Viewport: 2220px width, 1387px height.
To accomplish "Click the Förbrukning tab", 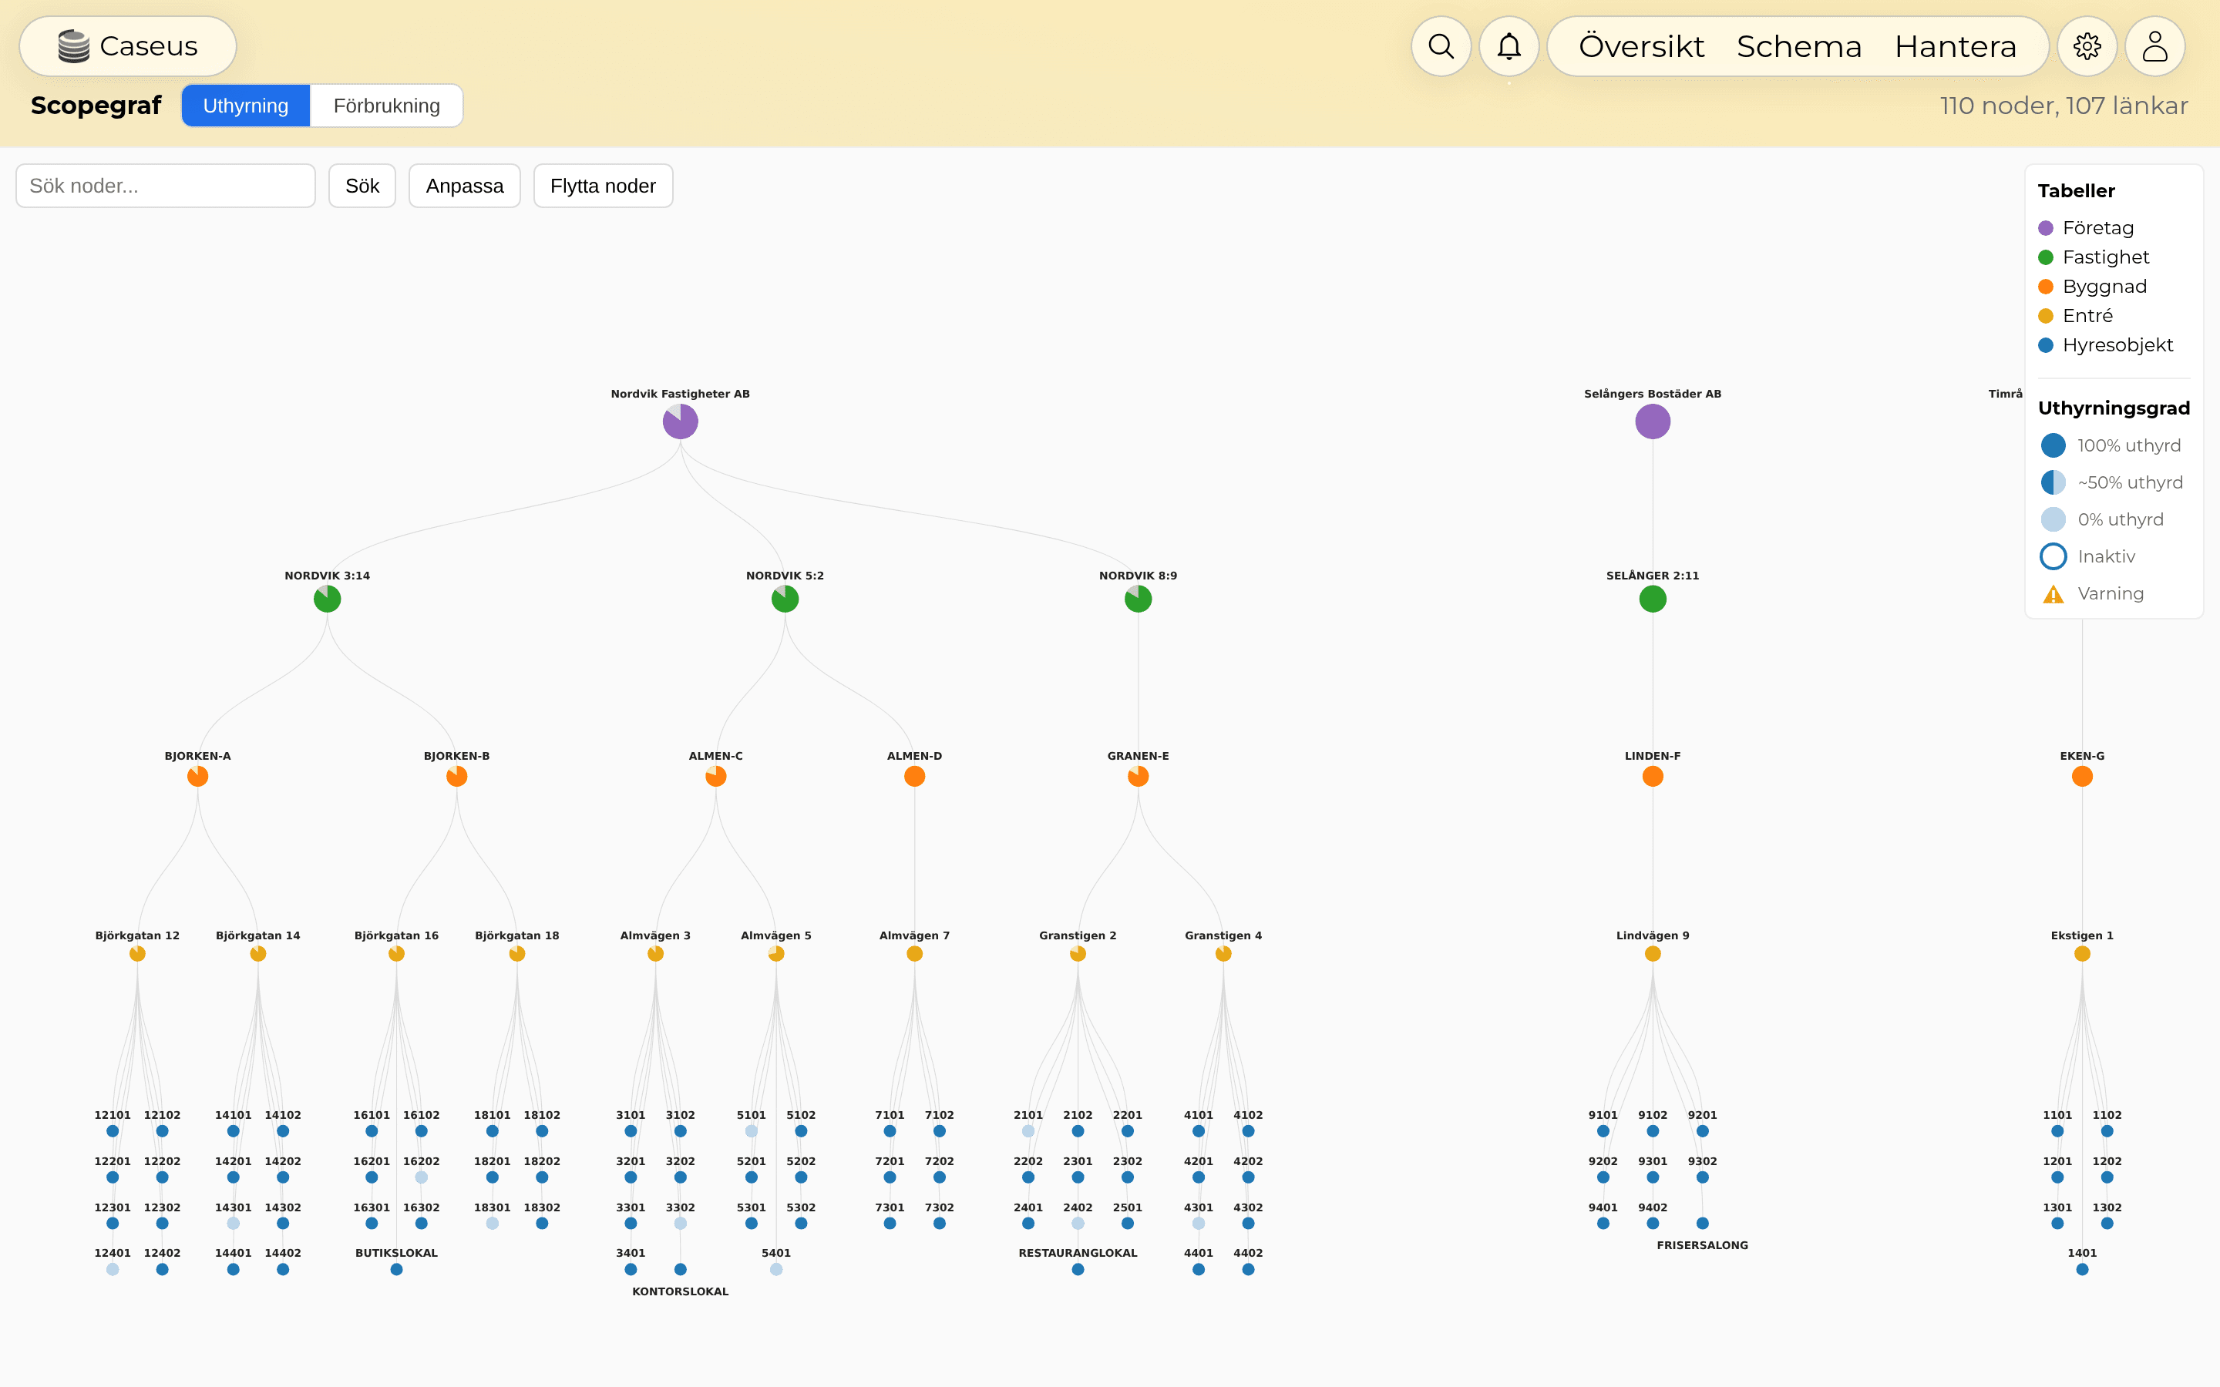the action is (386, 106).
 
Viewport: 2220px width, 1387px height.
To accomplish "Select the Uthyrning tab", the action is (246, 106).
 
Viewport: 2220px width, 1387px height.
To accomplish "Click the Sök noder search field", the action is (166, 186).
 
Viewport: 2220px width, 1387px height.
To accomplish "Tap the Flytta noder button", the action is (603, 186).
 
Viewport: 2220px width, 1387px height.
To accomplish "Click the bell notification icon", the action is (1509, 46).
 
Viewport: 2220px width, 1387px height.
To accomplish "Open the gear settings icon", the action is (2087, 46).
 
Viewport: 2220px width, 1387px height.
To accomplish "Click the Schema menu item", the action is (1799, 46).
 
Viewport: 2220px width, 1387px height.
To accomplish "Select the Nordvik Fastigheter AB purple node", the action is (681, 422).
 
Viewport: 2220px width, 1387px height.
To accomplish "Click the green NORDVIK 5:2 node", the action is (785, 599).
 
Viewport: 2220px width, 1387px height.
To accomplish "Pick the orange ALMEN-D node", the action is (915, 777).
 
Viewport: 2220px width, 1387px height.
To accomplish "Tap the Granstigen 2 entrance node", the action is (1078, 954).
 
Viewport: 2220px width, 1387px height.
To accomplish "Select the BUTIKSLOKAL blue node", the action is (396, 1270).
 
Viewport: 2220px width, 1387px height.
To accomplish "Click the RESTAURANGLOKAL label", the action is (1078, 1253).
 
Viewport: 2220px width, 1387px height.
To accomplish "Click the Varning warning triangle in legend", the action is (2053, 594).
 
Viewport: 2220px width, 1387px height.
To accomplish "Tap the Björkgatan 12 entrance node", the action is (138, 954).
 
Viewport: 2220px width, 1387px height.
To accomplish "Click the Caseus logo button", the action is (127, 46).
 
